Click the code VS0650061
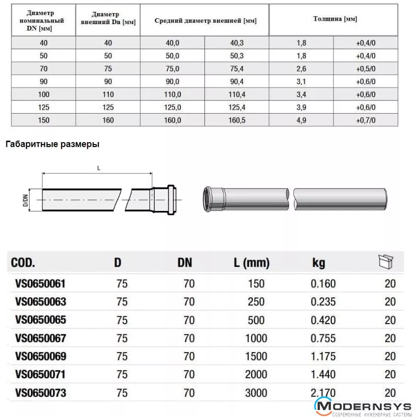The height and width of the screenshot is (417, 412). coord(40,284)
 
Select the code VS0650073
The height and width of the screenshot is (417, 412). coord(40,393)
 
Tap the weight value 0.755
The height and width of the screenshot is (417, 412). coord(323,338)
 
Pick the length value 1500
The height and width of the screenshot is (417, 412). coord(256,357)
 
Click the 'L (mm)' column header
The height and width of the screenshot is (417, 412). coord(251,263)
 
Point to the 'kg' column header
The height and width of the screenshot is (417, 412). coord(319,263)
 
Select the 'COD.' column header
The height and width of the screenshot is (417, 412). coord(23,263)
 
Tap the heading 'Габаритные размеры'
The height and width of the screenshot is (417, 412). coord(53,145)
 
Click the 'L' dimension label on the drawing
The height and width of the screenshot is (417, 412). coord(98,168)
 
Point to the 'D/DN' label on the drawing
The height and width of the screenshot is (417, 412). coord(25,200)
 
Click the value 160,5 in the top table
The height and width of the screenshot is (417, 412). coord(236,120)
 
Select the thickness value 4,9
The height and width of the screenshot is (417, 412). coord(301,120)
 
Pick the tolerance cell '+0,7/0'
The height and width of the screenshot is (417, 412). coord(365,120)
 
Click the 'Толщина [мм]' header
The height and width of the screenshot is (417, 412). coord(335,19)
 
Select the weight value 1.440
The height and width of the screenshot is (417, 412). coord(323,375)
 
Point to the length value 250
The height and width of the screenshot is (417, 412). coord(256,302)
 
